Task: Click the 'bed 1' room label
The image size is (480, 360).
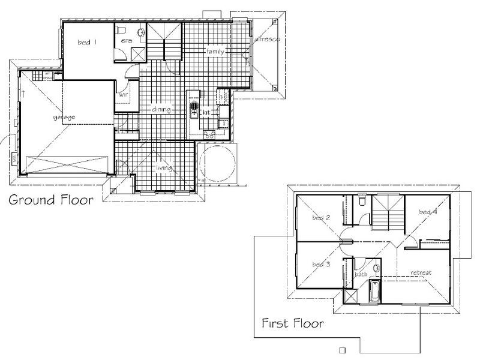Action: click(x=87, y=43)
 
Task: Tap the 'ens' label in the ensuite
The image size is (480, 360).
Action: click(x=126, y=40)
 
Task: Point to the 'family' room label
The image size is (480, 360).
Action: click(x=214, y=52)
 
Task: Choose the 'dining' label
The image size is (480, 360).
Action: click(x=161, y=110)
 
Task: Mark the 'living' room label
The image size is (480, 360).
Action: click(x=164, y=168)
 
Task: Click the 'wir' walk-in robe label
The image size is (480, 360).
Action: click(x=124, y=95)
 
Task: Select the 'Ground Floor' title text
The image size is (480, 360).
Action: click(x=50, y=200)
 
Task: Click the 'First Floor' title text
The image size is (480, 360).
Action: click(x=293, y=324)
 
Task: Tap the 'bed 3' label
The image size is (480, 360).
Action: click(x=321, y=264)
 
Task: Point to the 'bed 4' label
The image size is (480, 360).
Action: click(x=427, y=212)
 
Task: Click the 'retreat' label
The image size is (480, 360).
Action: click(x=421, y=273)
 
